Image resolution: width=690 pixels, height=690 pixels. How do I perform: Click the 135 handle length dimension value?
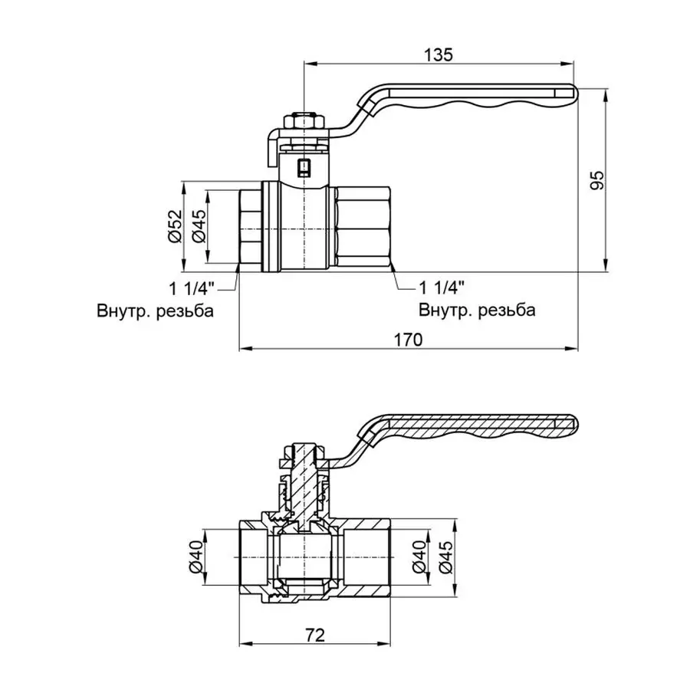coord(439,54)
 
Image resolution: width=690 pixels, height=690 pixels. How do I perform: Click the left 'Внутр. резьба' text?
coord(155,311)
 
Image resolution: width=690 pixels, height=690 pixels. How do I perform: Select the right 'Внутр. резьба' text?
coord(476,311)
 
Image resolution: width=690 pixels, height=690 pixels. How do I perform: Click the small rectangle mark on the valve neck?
coord(304,166)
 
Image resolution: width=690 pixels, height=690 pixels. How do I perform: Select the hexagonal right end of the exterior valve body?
coord(363,228)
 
